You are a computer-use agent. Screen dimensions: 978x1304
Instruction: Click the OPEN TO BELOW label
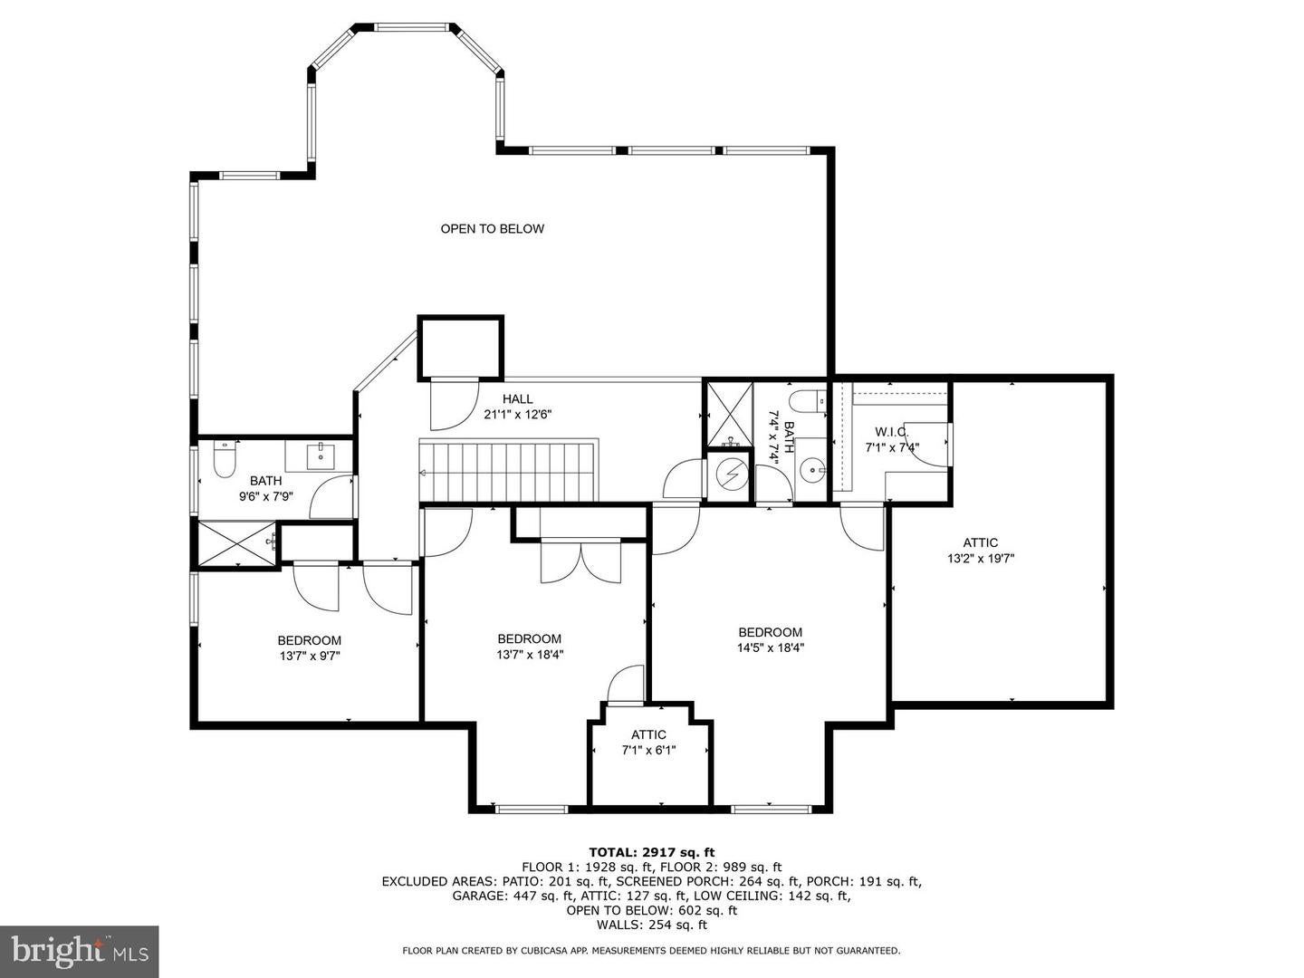point(492,229)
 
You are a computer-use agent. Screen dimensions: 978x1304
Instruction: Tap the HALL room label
point(518,399)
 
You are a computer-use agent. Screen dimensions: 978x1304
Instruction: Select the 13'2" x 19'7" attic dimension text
point(980,559)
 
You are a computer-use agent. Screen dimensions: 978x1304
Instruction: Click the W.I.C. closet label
point(891,432)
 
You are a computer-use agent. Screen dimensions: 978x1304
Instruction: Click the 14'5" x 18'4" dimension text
point(770,647)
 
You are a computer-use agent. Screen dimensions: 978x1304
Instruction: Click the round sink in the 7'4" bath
point(811,469)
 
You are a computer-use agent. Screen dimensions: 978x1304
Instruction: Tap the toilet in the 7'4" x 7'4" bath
point(805,399)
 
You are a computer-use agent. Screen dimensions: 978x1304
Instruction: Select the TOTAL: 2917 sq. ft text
point(651,852)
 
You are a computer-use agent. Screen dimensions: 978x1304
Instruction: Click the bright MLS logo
point(79,951)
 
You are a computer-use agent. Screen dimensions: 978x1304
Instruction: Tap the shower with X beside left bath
point(237,543)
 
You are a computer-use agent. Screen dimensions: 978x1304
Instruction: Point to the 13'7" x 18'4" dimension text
point(529,654)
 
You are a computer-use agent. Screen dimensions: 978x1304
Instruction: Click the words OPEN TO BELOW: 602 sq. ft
point(651,910)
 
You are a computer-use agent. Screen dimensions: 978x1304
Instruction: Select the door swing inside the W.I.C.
point(925,445)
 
